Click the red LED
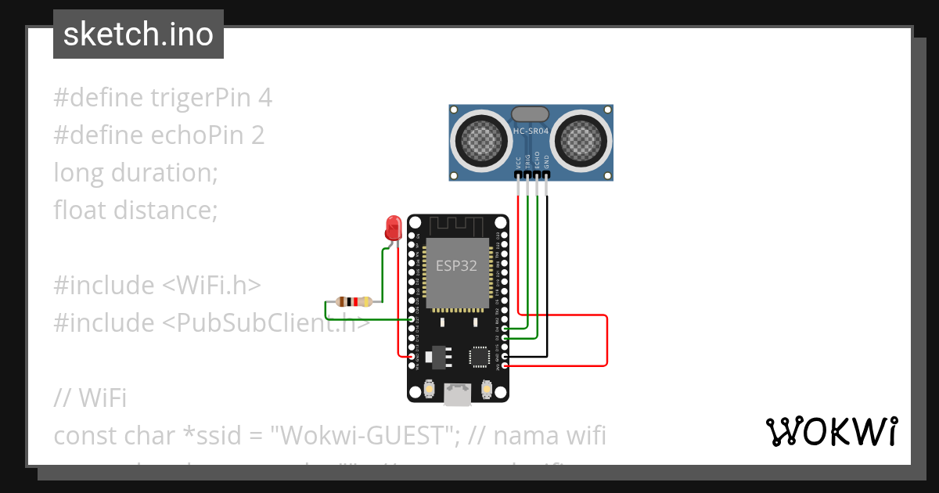click(393, 228)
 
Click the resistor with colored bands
click(352, 301)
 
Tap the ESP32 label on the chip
click(456, 265)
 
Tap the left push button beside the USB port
click(429, 388)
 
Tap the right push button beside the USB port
click(487, 388)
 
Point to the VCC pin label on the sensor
click(518, 162)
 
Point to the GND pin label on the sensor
click(547, 161)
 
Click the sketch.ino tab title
click(138, 34)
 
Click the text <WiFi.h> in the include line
click(211, 285)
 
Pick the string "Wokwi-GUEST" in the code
click(365, 435)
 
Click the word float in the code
click(81, 210)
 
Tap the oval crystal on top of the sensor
click(531, 114)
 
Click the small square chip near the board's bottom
click(478, 357)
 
